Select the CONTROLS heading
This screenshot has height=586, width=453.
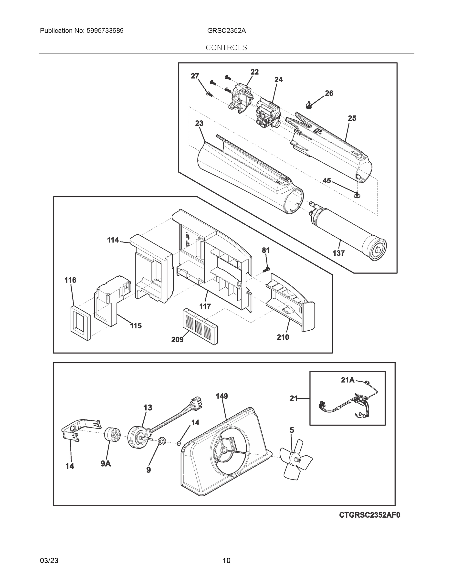pyautogui.click(x=226, y=48)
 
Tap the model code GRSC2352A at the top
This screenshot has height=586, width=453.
pyautogui.click(x=226, y=31)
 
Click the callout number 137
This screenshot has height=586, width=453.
pyautogui.click(x=338, y=253)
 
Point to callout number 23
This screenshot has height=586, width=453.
pyautogui.click(x=199, y=123)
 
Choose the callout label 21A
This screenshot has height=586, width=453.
pyautogui.click(x=348, y=380)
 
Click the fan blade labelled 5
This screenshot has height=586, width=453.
pyautogui.click(x=296, y=459)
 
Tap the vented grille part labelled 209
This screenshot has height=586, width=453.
pyautogui.click(x=200, y=326)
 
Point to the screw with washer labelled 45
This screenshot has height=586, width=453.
pyautogui.click(x=357, y=195)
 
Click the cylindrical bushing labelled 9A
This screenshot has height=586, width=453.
pyautogui.click(x=112, y=434)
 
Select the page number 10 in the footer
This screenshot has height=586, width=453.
pyautogui.click(x=226, y=561)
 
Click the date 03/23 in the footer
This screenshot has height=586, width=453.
pyautogui.click(x=49, y=561)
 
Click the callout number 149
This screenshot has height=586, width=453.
pyautogui.click(x=222, y=396)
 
